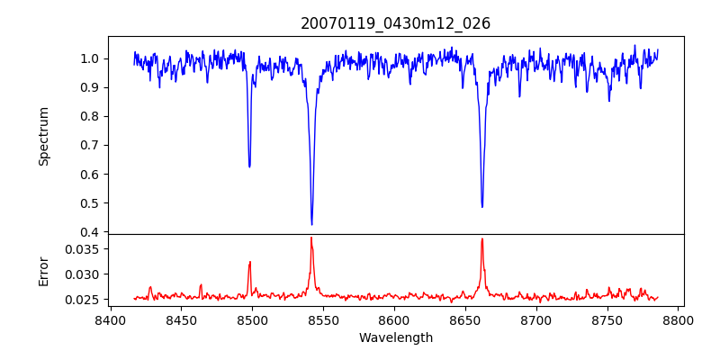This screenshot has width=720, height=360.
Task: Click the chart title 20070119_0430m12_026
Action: [395, 23]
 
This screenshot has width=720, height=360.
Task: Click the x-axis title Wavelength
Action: [395, 337]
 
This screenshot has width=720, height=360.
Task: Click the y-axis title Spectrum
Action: [43, 136]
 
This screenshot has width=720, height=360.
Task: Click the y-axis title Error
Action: [43, 271]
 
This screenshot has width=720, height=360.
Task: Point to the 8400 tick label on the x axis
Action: [110, 319]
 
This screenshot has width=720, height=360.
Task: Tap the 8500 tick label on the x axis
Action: [252, 319]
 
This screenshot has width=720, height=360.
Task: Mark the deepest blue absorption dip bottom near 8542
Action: [311, 224]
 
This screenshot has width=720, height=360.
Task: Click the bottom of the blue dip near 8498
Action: [249, 166]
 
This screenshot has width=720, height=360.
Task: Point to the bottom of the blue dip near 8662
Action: [482, 207]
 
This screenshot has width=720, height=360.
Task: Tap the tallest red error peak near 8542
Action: [311, 238]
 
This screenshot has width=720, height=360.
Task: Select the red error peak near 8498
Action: [250, 262]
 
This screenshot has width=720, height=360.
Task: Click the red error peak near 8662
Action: [482, 238]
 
